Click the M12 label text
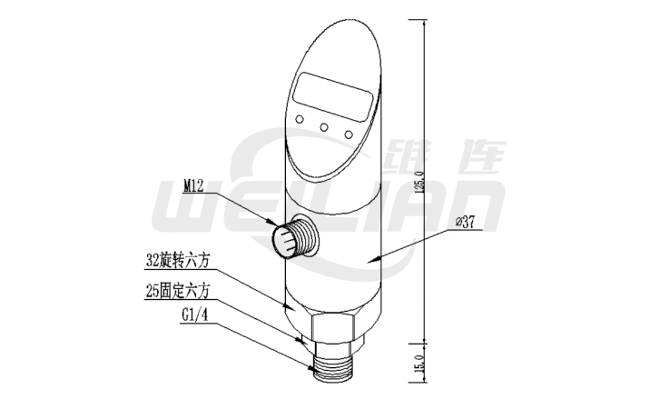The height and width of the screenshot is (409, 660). (x=194, y=185)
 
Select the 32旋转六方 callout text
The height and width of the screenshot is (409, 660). (x=178, y=258)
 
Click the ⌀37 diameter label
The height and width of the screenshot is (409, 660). (x=465, y=222)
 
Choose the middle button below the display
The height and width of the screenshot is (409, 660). (x=324, y=126)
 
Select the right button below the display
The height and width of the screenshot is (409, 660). (x=348, y=135)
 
